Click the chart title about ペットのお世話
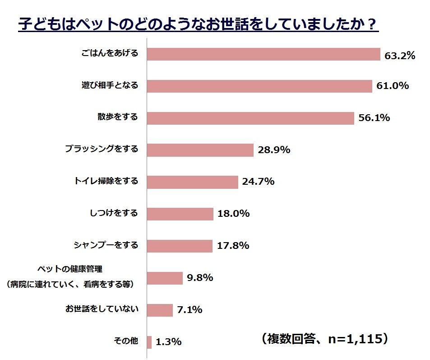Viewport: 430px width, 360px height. [x=198, y=24]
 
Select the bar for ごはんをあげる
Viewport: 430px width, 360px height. [x=264, y=54]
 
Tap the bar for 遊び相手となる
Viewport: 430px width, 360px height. [x=259, y=86]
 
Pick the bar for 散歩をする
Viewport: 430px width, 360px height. [x=250, y=118]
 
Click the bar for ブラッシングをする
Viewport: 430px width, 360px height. [x=200, y=150]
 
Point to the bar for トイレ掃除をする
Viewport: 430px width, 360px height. [x=193, y=182]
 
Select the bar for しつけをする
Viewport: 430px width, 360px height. [x=180, y=214]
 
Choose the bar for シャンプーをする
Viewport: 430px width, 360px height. [x=180, y=246]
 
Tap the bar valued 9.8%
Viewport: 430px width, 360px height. [x=165, y=278]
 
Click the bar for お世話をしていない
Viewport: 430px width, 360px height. [x=160, y=310]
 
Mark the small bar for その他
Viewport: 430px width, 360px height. [x=149, y=342]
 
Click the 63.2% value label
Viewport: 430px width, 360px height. [x=399, y=56]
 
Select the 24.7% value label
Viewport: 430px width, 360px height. [x=258, y=182]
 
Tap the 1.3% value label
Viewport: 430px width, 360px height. [x=168, y=342]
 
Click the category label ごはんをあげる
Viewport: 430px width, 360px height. [x=109, y=53]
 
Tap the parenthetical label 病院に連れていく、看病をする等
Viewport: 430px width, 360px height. [x=70, y=285]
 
